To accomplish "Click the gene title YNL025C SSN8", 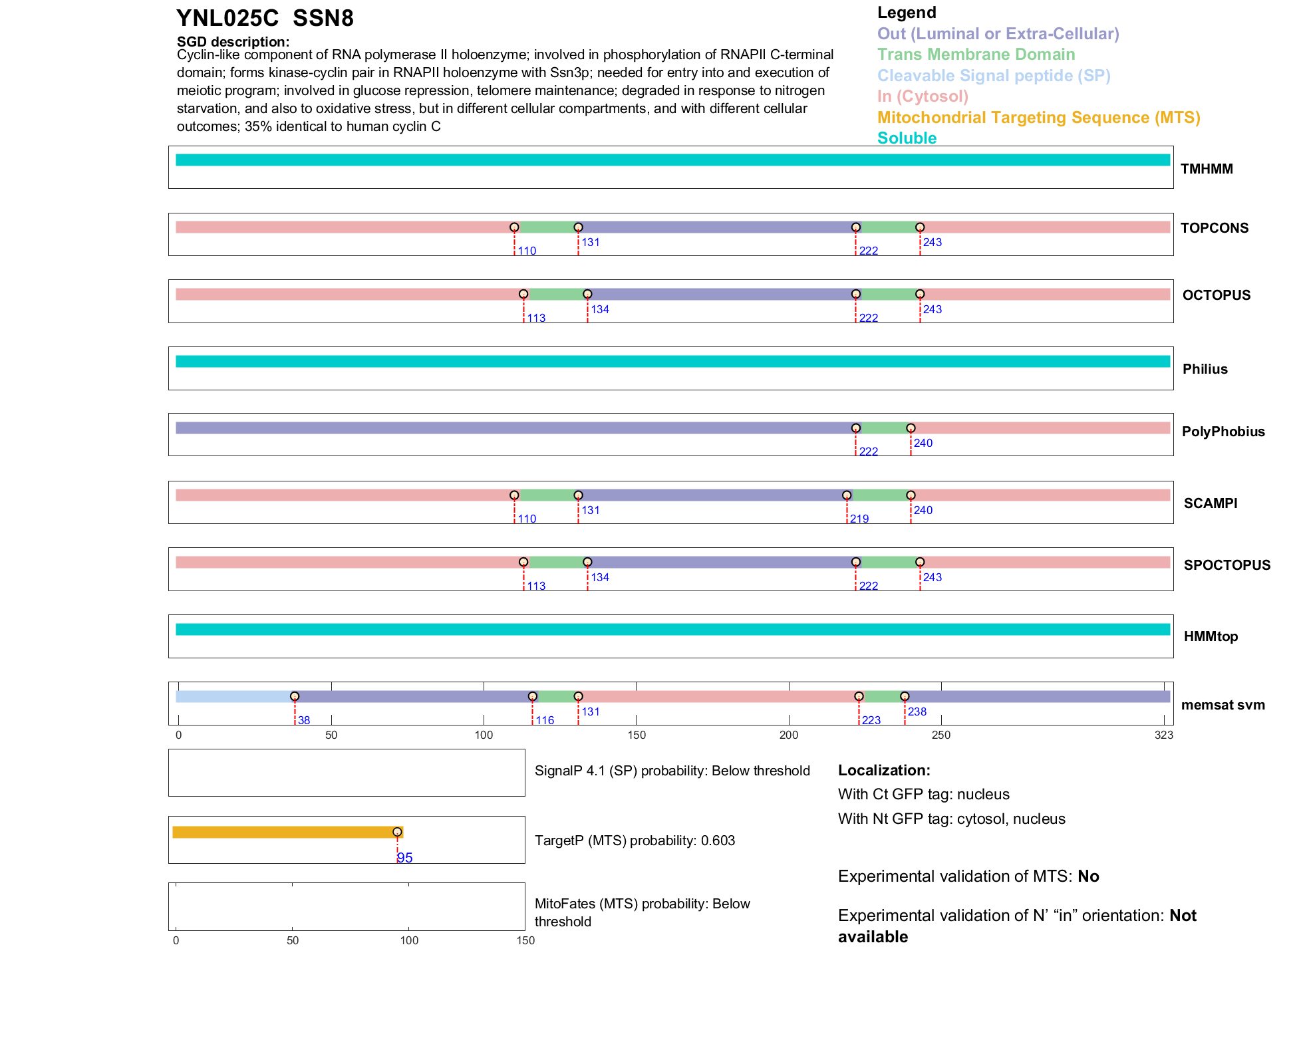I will click(x=265, y=18).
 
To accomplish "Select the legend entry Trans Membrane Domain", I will click(x=976, y=55).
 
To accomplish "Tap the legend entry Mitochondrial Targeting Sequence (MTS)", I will click(x=1038, y=118).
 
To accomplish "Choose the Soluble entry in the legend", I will click(x=907, y=138).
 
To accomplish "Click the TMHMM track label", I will click(x=1207, y=169).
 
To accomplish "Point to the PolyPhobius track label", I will click(x=1223, y=432).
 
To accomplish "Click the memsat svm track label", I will click(x=1223, y=705).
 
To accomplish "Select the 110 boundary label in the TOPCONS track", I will click(x=527, y=251).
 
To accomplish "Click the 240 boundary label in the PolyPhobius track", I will click(x=923, y=444).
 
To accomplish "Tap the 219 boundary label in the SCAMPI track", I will click(x=859, y=519).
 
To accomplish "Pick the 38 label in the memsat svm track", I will click(x=304, y=721).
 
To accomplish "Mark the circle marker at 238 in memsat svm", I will click(x=905, y=697).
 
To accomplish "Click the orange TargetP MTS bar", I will click(x=286, y=833).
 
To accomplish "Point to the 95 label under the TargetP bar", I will click(x=405, y=858).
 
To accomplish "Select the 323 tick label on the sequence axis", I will click(x=1164, y=735).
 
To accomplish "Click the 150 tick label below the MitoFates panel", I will click(x=525, y=941).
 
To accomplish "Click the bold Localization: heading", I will click(x=884, y=771).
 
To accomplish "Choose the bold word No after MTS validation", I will click(x=1088, y=876).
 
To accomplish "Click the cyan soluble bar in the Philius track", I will click(x=672, y=362).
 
